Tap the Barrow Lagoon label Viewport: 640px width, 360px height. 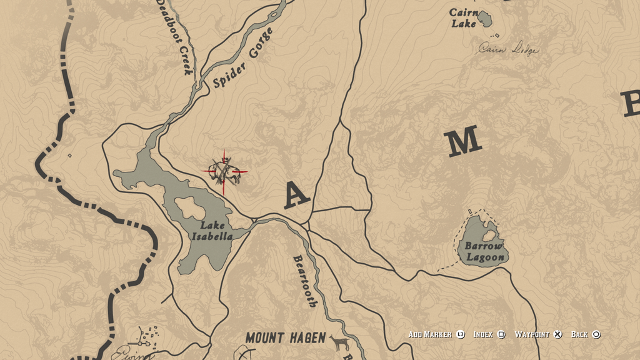point(485,251)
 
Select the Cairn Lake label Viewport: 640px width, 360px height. point(464,18)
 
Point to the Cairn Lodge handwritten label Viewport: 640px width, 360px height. point(507,49)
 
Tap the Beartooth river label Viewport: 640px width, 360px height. point(304,281)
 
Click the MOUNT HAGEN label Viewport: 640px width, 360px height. point(285,338)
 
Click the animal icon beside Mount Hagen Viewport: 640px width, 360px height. point(339,342)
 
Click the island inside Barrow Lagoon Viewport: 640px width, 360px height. point(490,236)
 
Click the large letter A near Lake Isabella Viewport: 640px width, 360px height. point(296,195)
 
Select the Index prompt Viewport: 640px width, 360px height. point(484,334)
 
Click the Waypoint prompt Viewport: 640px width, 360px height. point(532,334)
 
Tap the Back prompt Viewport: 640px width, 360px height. point(579,334)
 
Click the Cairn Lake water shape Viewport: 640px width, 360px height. point(484,19)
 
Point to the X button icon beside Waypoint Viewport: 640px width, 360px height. point(558,334)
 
